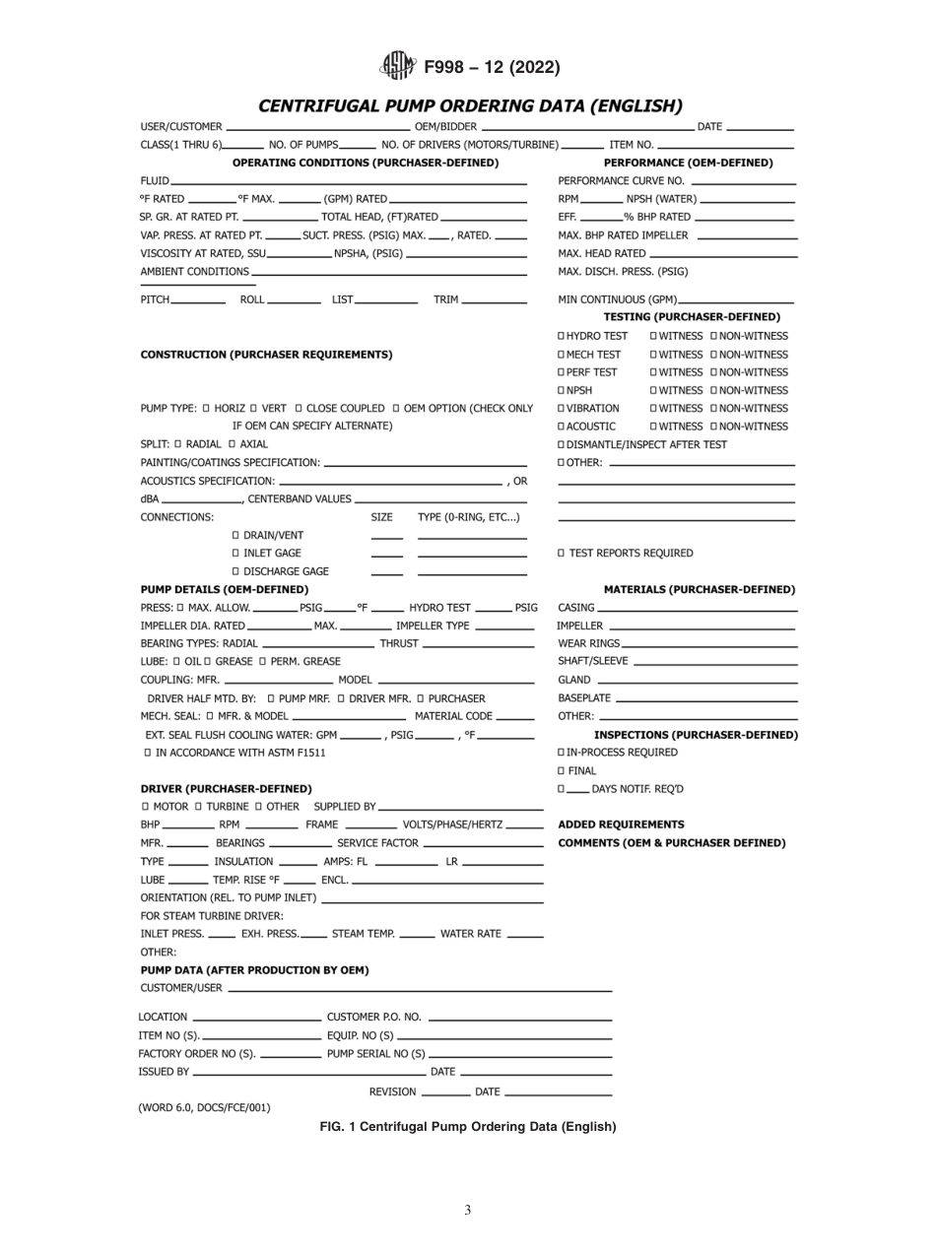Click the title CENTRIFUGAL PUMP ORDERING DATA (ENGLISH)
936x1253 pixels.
tap(469, 104)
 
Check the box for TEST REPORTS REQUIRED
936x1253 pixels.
tap(562, 553)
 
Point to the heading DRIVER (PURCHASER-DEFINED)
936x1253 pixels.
tap(226, 788)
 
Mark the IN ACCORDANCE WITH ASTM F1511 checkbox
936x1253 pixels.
tap(148, 753)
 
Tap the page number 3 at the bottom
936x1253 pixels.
tap(467, 1211)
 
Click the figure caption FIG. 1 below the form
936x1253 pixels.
tap(467, 1127)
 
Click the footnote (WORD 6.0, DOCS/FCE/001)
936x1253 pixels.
tap(204, 1107)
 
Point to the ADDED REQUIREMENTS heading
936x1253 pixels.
tap(621, 824)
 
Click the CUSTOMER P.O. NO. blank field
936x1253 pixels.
tap(520, 1018)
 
